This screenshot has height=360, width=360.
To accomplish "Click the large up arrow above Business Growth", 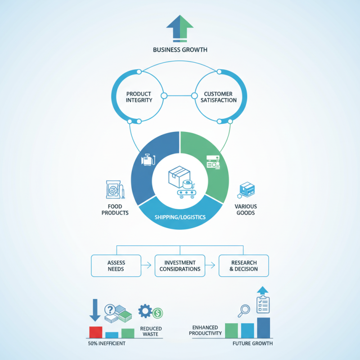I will (x=180, y=28).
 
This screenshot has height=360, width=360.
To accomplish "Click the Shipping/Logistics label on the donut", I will (x=180, y=217).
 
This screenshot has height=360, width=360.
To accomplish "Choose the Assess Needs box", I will (x=117, y=265).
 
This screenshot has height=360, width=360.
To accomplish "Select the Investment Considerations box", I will (x=180, y=265).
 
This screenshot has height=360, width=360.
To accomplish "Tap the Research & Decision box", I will (x=243, y=265).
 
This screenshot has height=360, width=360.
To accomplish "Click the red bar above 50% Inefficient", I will (x=95, y=332).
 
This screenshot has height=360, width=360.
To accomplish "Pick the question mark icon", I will (x=110, y=310).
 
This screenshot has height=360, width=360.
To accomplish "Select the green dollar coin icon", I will (x=157, y=313).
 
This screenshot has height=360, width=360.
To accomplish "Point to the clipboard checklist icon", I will (x=263, y=304).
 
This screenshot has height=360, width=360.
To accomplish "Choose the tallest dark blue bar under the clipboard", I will (x=264, y=328).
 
